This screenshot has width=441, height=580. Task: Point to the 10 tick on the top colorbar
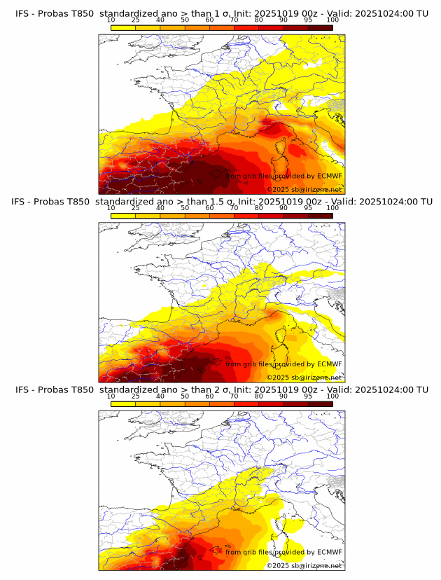click(111, 20)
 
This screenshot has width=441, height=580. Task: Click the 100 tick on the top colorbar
click(332, 20)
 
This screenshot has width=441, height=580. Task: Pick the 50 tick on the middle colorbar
click(185, 208)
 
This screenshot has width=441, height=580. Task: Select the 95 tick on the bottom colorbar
click(308, 396)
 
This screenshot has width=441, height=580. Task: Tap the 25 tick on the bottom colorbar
click(136, 396)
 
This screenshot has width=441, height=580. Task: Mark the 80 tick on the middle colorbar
click(259, 208)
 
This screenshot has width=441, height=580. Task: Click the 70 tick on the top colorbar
click(234, 20)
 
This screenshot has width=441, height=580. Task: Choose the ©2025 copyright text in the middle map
click(278, 378)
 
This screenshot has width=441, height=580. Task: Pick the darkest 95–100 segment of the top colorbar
click(320, 27)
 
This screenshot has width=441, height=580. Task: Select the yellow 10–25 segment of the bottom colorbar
click(123, 403)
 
